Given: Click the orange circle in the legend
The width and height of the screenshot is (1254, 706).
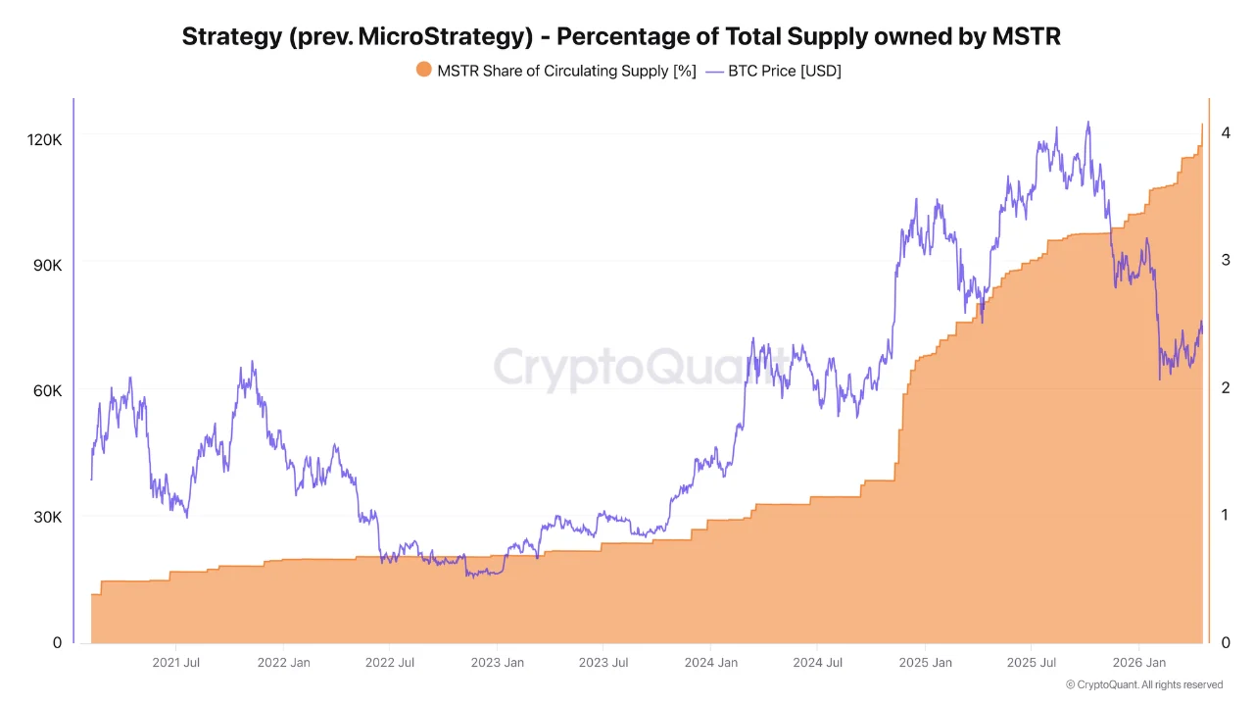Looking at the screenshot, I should coord(423,70).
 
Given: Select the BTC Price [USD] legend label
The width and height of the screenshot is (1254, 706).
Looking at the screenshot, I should coord(785,70).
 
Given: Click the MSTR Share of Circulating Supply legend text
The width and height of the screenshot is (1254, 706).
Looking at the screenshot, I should coord(566,70).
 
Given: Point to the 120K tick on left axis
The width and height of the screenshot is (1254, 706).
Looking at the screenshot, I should coord(44,140).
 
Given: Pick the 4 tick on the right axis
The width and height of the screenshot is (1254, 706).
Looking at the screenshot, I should coord(1226,133).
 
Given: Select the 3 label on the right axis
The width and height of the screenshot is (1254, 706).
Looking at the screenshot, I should coord(1226,260).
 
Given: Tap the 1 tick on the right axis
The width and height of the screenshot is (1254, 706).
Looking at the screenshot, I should coord(1226,515).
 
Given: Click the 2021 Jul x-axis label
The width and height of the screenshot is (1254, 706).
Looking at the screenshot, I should coord(176,663).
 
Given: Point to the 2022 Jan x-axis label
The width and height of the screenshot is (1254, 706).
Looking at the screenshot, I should coord(284,663).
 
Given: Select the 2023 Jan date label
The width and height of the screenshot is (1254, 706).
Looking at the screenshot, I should coord(498,663).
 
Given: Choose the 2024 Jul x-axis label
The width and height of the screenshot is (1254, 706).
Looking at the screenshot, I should coord(818,663).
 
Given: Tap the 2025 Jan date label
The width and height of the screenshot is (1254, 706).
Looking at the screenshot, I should coord(926,663).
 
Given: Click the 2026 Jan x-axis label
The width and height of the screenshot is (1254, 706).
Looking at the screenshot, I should coord(1139,663).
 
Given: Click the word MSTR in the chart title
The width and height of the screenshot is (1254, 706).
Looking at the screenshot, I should coord(1027,37).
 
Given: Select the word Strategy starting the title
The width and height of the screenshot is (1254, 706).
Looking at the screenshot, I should coord(231,37).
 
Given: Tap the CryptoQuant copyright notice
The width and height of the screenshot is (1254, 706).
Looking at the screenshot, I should coord(1144,684).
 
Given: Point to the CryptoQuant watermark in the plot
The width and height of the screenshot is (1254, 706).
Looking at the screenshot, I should coord(627,368).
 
